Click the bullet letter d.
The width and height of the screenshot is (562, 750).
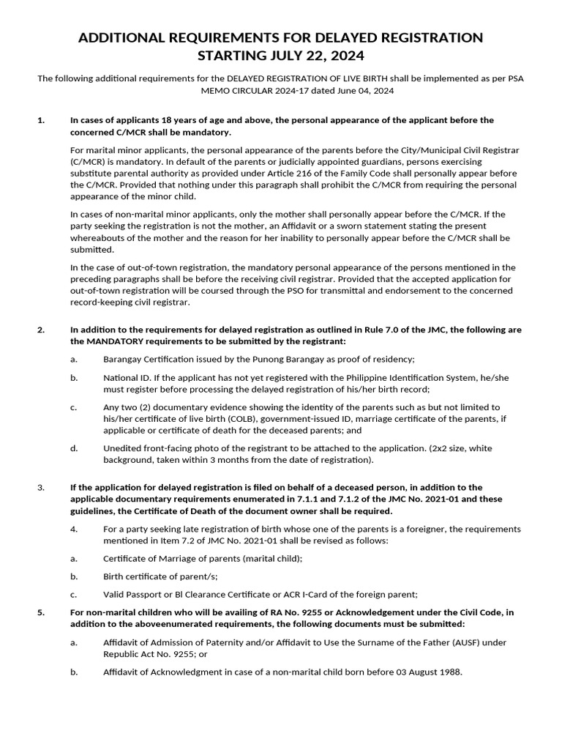click(x=73, y=448)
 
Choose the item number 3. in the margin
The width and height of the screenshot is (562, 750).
click(x=41, y=487)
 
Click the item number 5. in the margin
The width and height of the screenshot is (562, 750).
click(x=41, y=612)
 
